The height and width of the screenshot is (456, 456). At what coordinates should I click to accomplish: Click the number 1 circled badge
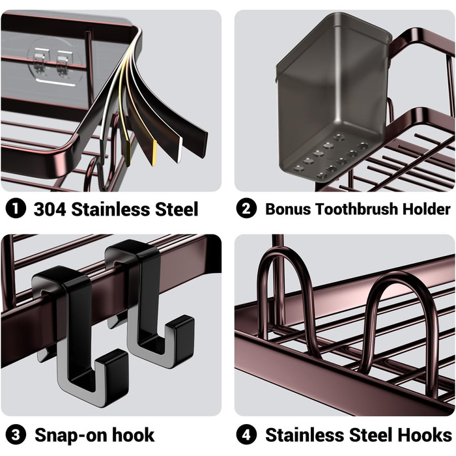(x=15, y=209)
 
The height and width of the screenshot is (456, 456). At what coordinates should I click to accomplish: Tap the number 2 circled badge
(x=246, y=209)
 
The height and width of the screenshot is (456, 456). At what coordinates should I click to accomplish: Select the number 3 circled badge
(x=15, y=435)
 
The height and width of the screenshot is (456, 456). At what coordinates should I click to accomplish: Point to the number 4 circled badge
(x=246, y=435)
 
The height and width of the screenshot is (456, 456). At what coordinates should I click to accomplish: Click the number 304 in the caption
(x=50, y=209)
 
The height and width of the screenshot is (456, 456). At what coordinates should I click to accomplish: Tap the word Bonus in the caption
(x=287, y=209)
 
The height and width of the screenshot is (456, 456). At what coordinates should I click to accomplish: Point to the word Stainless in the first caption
(x=113, y=209)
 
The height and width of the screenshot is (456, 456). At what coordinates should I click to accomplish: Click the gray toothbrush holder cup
(x=332, y=91)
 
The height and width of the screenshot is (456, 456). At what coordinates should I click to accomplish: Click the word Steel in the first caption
(x=176, y=209)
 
